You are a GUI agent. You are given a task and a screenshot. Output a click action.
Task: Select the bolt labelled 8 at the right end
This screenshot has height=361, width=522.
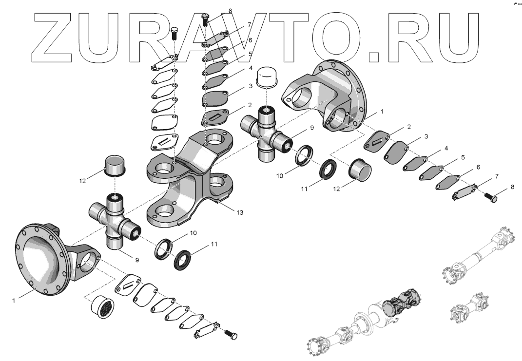coord(490,199)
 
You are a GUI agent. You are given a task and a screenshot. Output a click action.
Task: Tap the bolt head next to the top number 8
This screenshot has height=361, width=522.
coord(205,19)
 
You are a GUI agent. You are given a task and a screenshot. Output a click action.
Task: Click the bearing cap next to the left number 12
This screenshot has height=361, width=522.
coord(115,166)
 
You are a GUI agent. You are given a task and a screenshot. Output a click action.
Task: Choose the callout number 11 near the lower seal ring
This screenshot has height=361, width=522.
coord(214,244)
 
